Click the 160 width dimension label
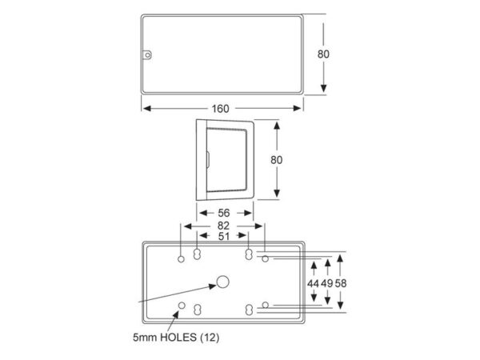tap(220, 109)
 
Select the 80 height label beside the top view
tap(323, 54)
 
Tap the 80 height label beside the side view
tap(277, 160)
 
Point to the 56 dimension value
tap(223, 213)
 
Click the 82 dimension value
tap(223, 226)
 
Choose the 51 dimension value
tap(223, 236)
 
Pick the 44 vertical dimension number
tap(313, 284)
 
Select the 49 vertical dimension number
tap(327, 284)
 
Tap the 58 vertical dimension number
tap(341, 284)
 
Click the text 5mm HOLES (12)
tap(176, 338)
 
